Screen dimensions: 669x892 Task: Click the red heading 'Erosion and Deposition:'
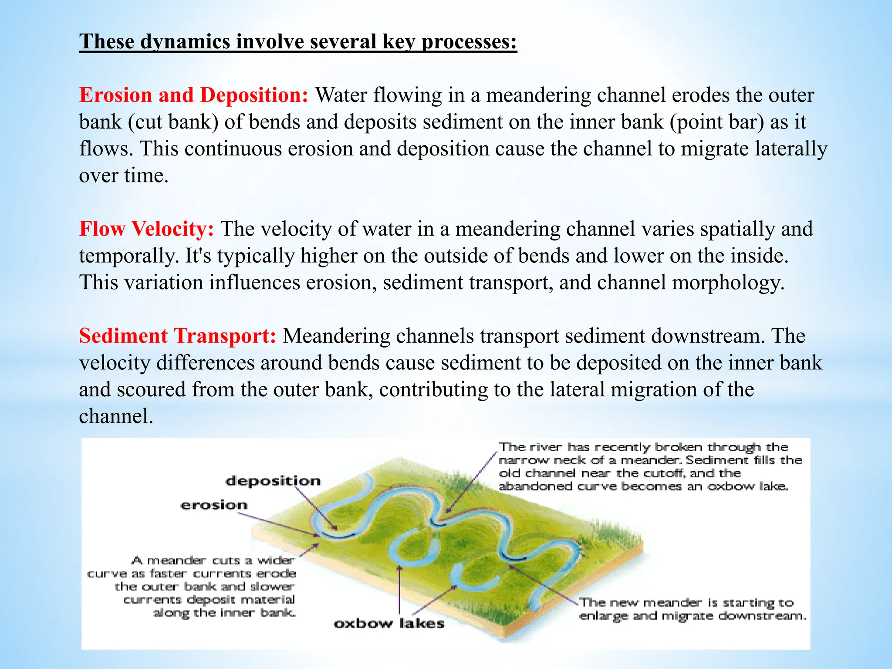tap(193, 95)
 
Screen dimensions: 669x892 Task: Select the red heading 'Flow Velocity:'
tap(146, 229)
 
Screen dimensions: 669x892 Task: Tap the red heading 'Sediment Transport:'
tap(177, 336)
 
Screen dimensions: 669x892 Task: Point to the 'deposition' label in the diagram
tap(273, 481)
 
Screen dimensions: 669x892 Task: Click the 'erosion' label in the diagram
tap(214, 505)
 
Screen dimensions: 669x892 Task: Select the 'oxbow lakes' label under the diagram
tap(389, 624)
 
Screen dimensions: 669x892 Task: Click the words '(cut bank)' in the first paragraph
tap(173, 122)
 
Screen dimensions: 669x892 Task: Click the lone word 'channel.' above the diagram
tap(116, 416)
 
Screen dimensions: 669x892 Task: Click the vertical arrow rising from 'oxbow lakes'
tap(399, 588)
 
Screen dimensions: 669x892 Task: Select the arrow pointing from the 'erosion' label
tap(279, 524)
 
